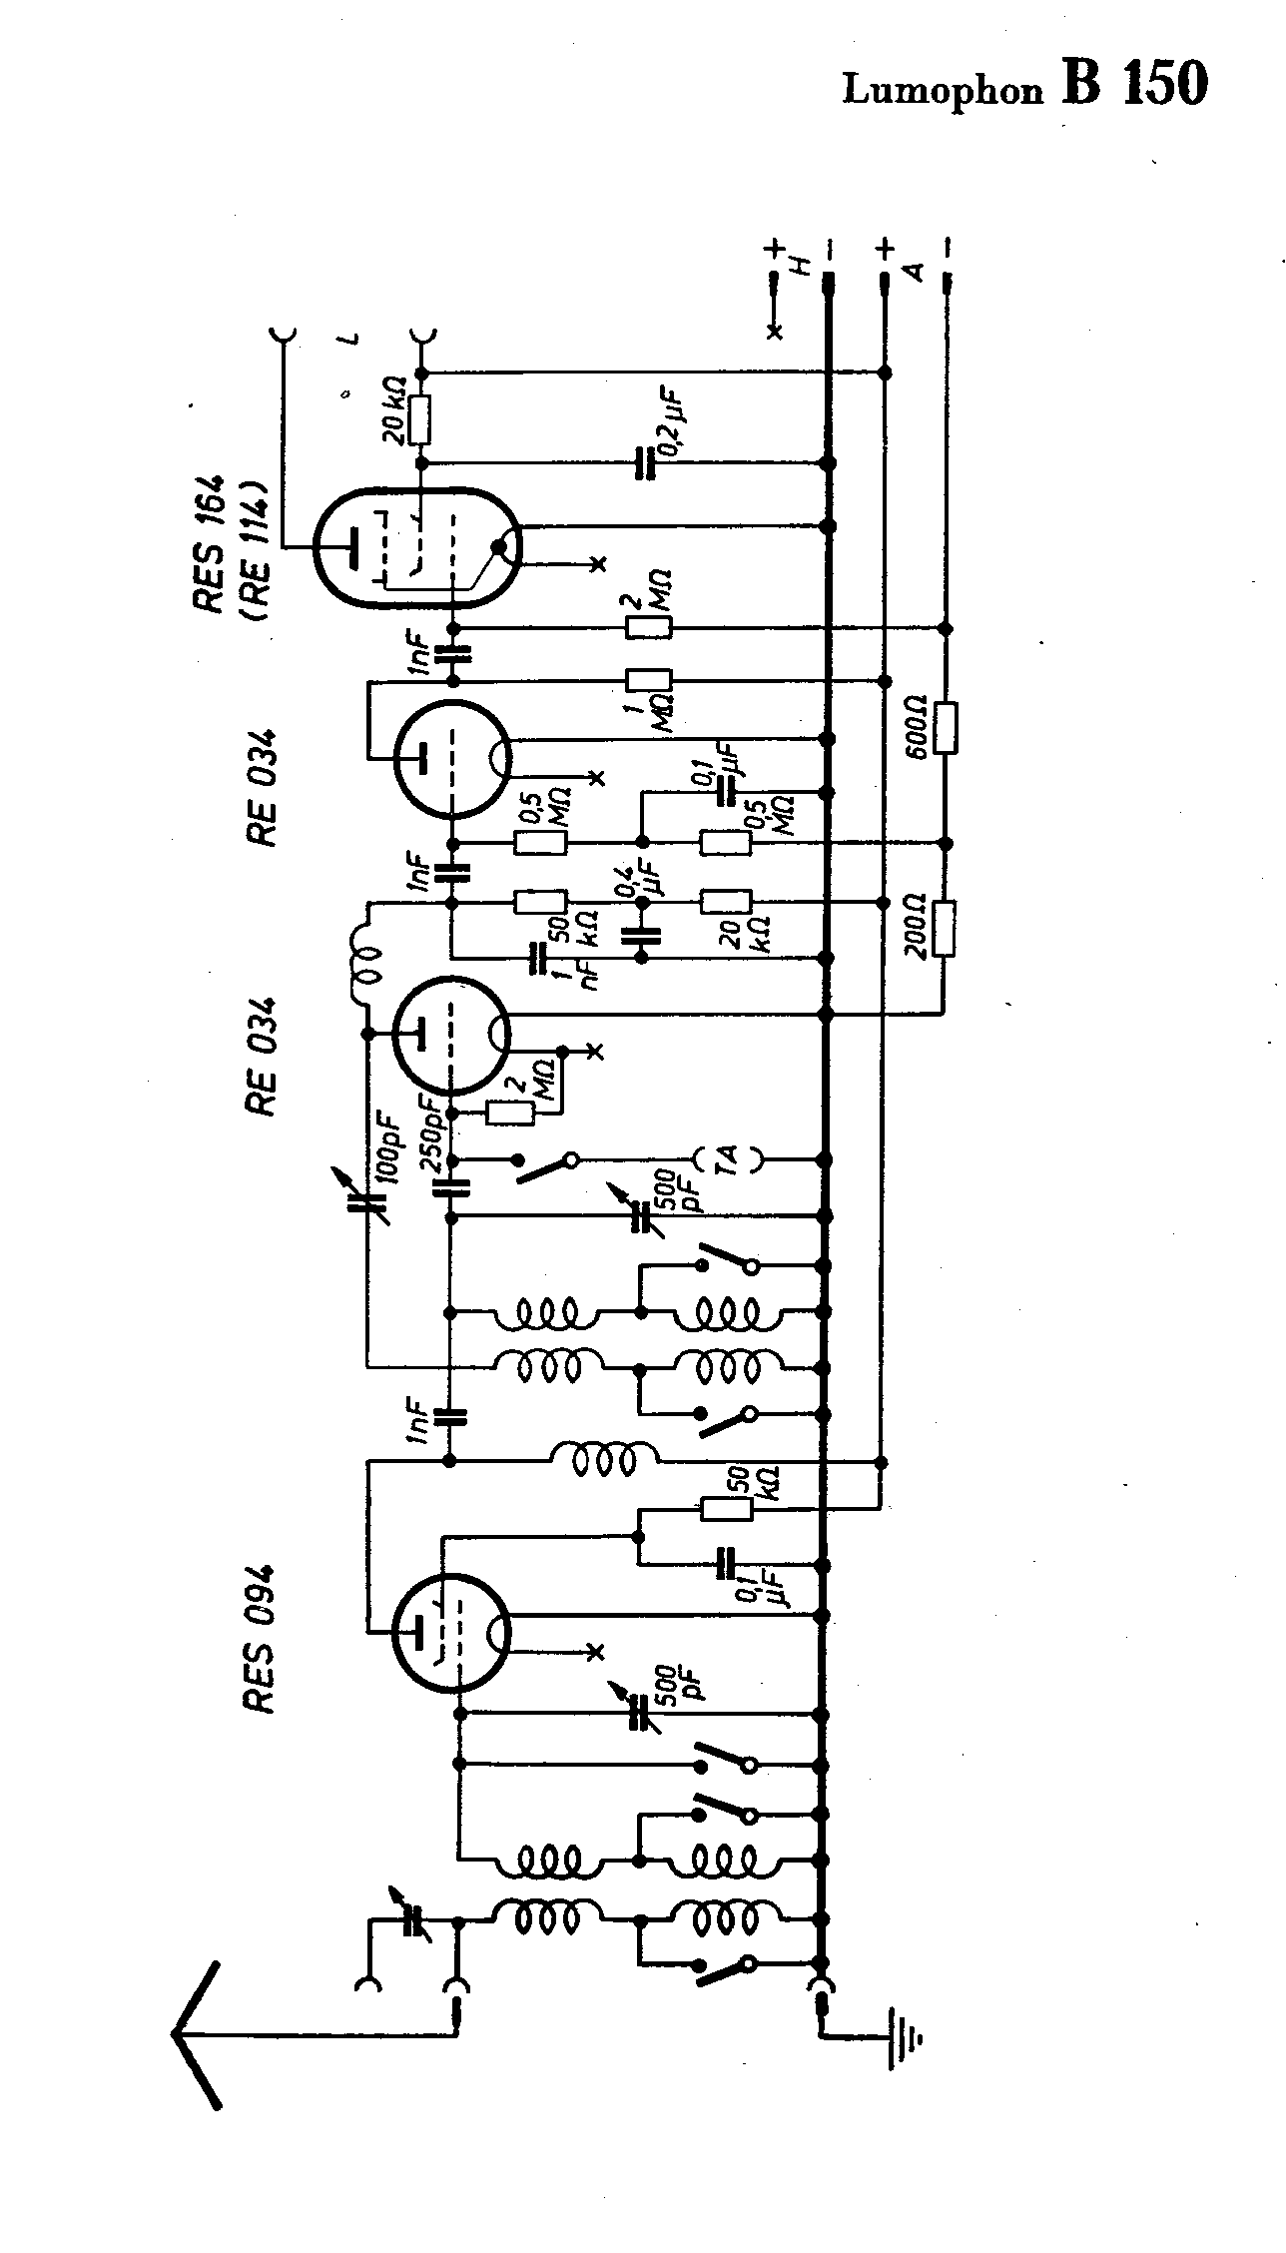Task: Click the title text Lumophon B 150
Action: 1024,86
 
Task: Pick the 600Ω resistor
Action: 946,728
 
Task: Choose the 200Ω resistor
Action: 946,929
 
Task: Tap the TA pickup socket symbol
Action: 728,1159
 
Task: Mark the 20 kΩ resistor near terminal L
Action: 421,419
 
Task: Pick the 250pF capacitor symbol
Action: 451,1187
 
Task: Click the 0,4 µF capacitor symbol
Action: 641,936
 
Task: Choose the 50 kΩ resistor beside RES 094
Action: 727,1509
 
